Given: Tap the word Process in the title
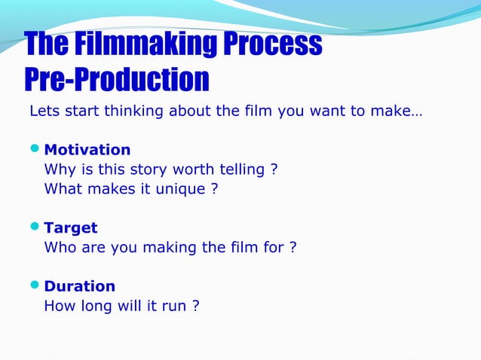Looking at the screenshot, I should click(x=272, y=45).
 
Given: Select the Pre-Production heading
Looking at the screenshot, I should click(x=117, y=80).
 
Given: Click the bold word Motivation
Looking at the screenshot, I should click(x=87, y=150).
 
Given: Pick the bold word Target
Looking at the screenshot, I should click(x=71, y=227).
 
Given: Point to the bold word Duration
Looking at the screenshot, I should click(x=80, y=286).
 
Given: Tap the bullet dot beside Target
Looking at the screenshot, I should click(x=35, y=227).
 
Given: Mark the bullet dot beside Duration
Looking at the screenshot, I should click(x=35, y=286).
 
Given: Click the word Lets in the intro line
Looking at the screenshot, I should click(x=44, y=111).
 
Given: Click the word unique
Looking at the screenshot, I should click(x=181, y=189).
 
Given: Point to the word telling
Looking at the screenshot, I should click(x=230, y=169).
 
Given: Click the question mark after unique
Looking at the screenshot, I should click(x=214, y=189).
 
